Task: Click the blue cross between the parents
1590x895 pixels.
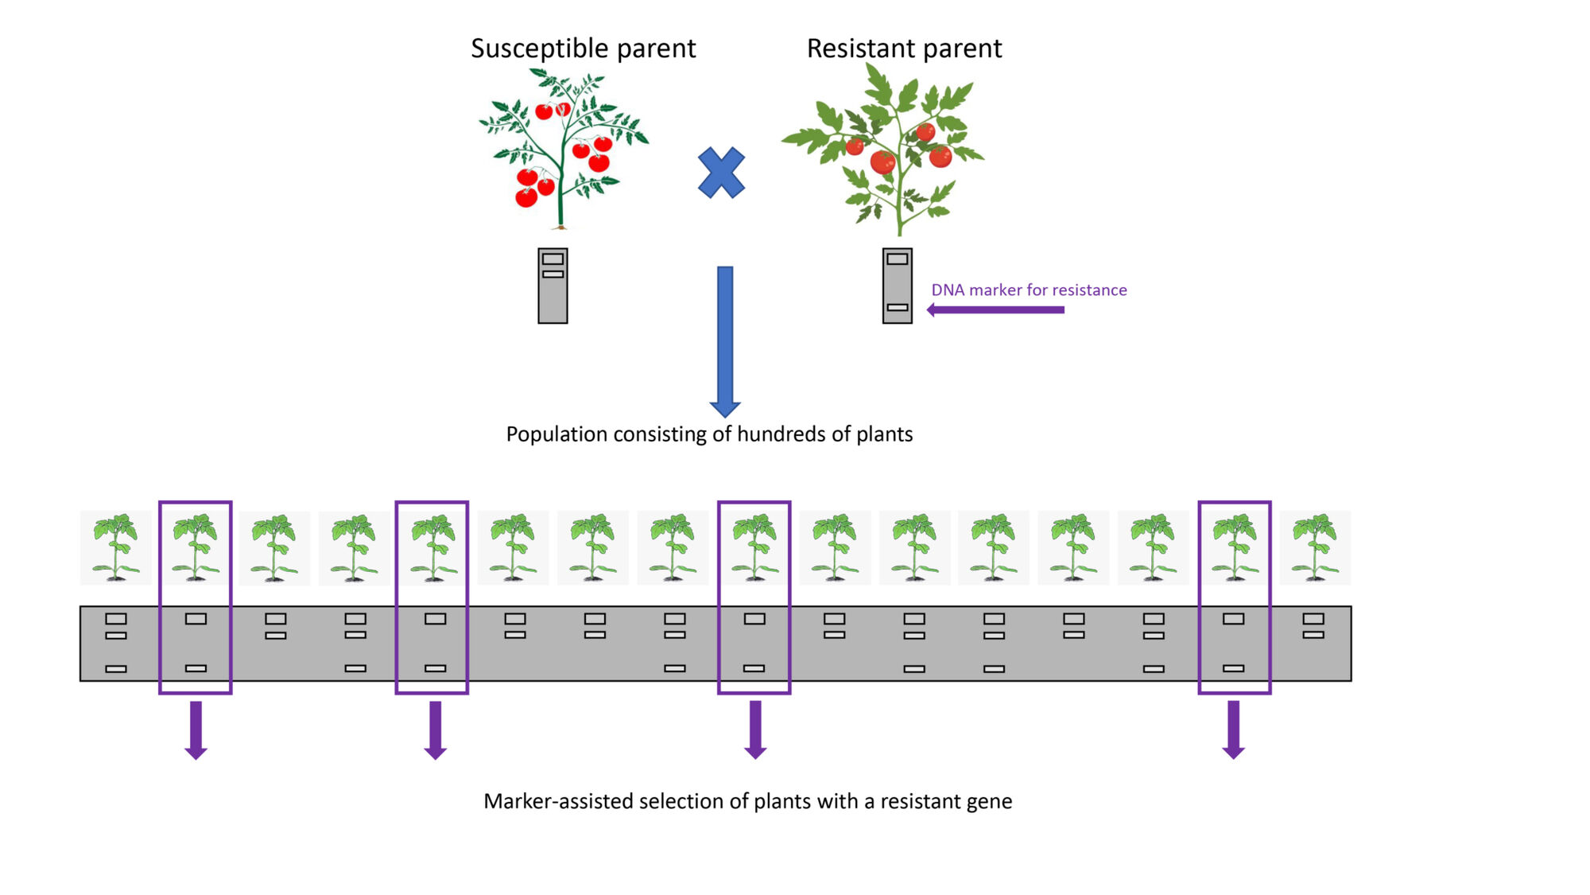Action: [721, 173]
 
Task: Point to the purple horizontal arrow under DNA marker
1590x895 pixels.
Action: [995, 309]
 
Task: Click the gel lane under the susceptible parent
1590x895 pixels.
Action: [553, 286]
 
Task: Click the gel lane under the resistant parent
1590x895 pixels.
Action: [897, 286]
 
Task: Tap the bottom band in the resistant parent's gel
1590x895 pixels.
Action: [898, 307]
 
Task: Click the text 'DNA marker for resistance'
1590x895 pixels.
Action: [1029, 290]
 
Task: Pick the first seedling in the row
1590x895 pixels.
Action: [116, 547]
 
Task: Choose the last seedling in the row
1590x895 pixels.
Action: [1315, 547]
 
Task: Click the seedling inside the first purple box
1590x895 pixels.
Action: [196, 547]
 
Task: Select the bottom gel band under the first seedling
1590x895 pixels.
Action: [116, 669]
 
